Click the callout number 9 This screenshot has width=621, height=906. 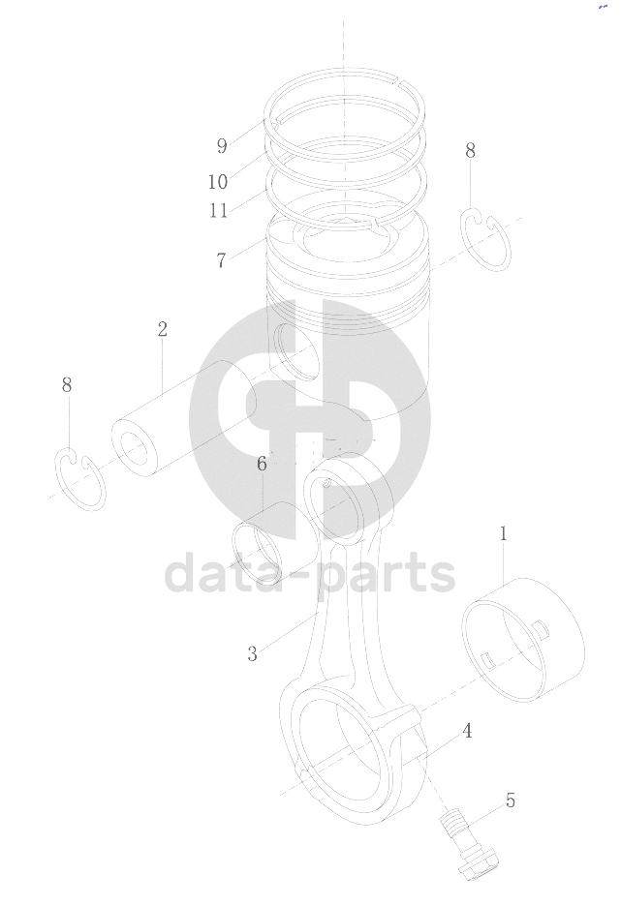pos(222,145)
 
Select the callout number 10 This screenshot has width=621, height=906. pos(218,182)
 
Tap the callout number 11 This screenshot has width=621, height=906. pos(219,210)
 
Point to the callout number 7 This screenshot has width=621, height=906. pos(221,260)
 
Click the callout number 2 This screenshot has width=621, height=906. pos(163,329)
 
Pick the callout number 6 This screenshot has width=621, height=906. pos(262,464)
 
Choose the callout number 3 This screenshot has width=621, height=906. pos(252,653)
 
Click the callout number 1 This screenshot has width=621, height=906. pos(503,533)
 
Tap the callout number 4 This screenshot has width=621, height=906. pos(467,731)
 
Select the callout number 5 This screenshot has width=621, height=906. pos(510,800)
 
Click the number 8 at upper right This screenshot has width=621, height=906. pos(470,150)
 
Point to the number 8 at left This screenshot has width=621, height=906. pos(67,384)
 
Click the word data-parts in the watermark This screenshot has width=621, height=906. pos(310,573)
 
